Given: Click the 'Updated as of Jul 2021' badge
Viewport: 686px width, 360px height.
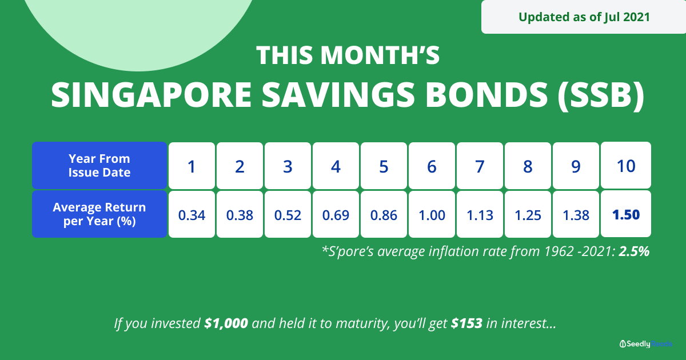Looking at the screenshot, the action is click(584, 17).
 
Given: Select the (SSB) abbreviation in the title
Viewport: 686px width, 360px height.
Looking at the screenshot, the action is click(601, 95).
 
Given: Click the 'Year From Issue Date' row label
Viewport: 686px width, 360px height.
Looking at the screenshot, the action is click(99, 165).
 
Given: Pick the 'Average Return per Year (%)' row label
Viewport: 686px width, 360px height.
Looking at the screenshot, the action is click(99, 214).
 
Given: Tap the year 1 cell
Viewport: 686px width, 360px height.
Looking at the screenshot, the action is click(192, 166).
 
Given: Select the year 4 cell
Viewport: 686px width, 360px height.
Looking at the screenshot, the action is click(336, 166).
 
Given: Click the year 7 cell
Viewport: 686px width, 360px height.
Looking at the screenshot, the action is click(480, 166).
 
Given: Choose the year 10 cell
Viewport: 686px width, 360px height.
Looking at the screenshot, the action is click(626, 165).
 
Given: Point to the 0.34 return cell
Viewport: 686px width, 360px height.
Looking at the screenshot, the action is click(192, 214).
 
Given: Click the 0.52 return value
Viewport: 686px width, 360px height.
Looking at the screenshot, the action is click(288, 215).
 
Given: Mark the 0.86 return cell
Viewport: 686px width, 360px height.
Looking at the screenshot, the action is click(384, 214).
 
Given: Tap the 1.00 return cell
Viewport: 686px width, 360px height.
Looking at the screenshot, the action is click(432, 214).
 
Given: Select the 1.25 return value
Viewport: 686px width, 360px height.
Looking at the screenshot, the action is click(528, 215).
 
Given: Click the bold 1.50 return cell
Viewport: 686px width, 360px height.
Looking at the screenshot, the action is click(626, 214).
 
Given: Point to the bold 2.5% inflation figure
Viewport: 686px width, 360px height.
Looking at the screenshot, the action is click(634, 251).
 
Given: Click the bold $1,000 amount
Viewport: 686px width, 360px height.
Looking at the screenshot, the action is click(226, 323).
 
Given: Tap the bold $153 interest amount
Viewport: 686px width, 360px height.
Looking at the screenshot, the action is click(467, 323).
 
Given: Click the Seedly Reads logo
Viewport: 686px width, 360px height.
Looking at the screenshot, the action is click(645, 344).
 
